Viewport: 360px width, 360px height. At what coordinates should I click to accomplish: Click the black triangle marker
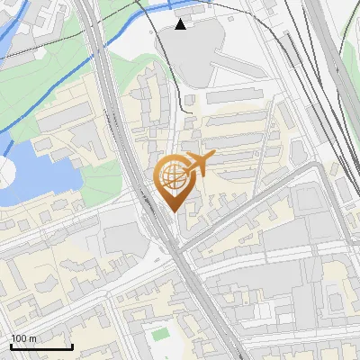tap(182, 24)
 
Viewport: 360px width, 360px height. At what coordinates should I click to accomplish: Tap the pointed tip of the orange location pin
tap(173, 210)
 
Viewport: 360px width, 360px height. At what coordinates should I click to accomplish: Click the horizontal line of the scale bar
tap(41, 347)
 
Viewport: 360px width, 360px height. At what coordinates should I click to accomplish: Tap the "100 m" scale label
tap(23, 339)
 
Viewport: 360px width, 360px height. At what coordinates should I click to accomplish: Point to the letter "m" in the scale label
tap(32, 339)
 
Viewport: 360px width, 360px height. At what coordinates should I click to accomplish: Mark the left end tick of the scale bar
tap(11, 346)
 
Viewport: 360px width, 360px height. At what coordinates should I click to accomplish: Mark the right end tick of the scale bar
tap(72, 346)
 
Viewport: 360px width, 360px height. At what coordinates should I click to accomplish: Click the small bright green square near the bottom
tap(159, 335)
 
